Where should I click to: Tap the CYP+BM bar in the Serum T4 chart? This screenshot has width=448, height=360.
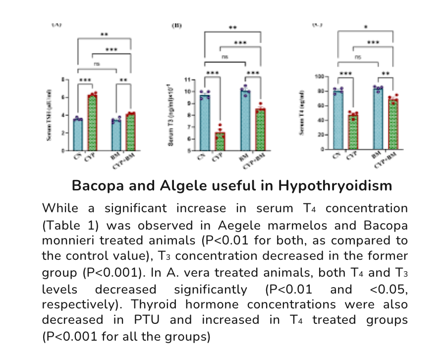393,124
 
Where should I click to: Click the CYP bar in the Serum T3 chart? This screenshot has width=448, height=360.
220,141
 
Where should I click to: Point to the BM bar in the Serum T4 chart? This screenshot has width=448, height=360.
378,119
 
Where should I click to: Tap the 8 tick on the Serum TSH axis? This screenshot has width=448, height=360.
62,79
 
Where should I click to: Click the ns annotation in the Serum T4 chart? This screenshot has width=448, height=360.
358,58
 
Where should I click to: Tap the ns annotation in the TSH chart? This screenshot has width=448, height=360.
97,64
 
